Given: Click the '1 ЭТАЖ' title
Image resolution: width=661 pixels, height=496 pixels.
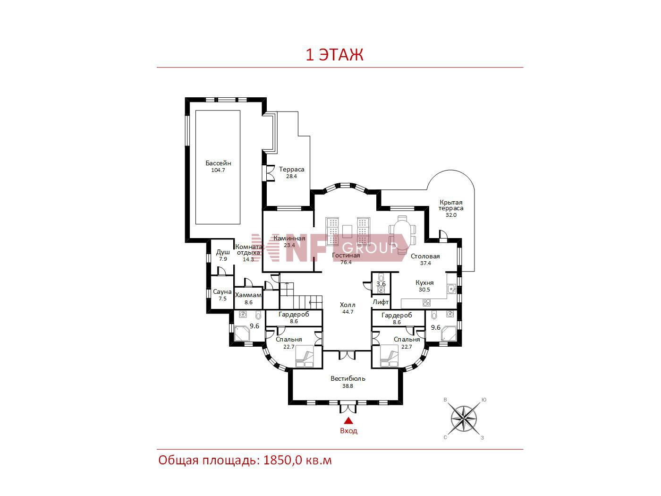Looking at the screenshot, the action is [x=334, y=55].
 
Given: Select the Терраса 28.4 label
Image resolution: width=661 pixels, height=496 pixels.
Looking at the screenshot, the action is [x=291, y=172].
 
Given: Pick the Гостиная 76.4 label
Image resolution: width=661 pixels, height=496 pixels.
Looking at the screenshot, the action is [x=346, y=259].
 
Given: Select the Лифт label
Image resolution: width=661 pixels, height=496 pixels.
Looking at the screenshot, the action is [x=381, y=302].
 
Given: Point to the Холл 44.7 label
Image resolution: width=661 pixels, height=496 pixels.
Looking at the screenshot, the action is [x=348, y=308].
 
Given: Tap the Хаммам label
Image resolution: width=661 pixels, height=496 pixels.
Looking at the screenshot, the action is [x=248, y=295].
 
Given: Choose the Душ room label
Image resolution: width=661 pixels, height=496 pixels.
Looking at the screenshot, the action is [x=223, y=252].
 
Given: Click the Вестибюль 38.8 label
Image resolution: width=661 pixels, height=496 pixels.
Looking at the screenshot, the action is [x=348, y=382].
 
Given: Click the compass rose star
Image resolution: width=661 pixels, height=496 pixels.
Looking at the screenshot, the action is [x=464, y=419].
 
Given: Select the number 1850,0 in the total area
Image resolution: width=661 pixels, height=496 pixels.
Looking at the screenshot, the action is [x=282, y=461].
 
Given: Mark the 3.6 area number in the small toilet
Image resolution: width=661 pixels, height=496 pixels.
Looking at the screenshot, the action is [x=381, y=284].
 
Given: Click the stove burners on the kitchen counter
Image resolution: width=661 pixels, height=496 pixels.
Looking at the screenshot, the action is [x=426, y=302].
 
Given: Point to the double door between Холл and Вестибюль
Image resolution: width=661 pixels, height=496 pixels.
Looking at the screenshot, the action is [x=347, y=355].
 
